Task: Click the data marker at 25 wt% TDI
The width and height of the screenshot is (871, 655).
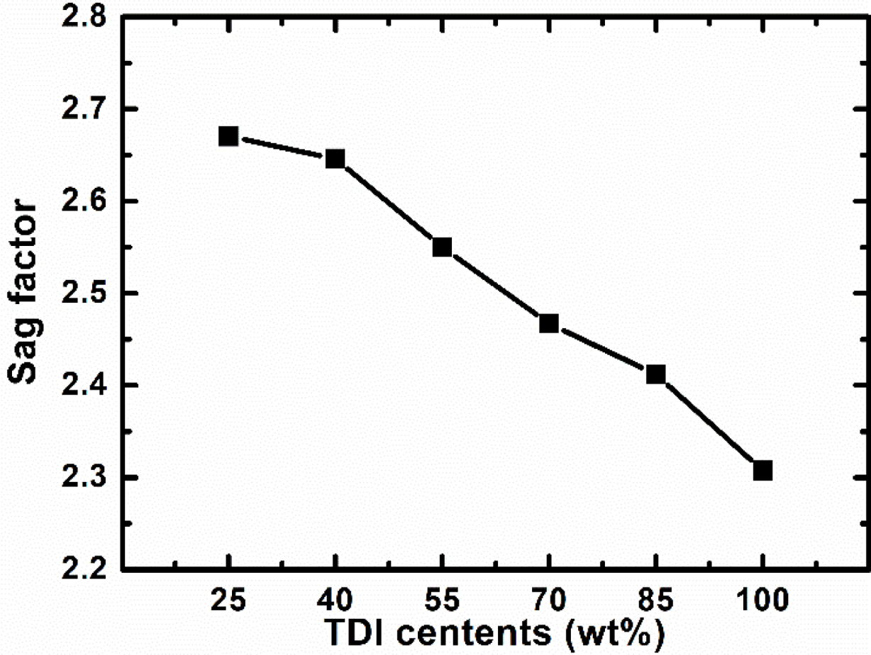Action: pos(228,136)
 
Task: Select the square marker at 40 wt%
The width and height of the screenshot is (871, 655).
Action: pos(335,159)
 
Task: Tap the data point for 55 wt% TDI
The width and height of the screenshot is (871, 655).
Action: pos(442,247)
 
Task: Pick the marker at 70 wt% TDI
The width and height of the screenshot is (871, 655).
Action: pos(549,324)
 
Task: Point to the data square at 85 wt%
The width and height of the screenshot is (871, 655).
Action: pos(656,374)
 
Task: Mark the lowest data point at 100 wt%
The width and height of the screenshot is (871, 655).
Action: pos(762,471)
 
